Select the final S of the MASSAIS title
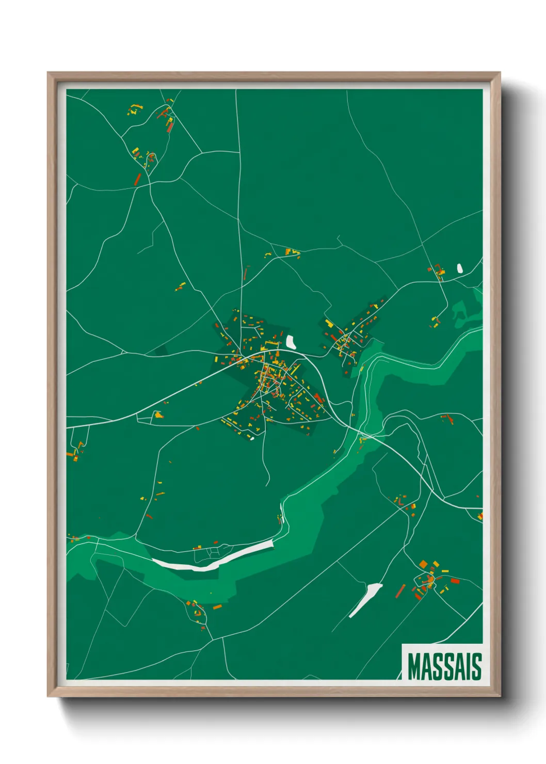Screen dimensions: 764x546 (x=476, y=666)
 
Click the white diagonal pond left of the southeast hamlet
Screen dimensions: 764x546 (x=365, y=599)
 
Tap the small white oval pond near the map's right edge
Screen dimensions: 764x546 (x=459, y=268)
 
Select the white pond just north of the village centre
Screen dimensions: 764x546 (x=291, y=342)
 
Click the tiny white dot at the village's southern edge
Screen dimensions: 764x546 (x=252, y=439)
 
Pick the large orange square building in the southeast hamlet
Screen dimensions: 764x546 (x=423, y=564)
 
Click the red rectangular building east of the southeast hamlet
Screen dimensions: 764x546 (x=455, y=581)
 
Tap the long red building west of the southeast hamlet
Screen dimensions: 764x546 (x=400, y=591)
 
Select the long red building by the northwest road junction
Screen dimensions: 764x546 (x=138, y=179)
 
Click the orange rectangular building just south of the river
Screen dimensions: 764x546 (x=217, y=607)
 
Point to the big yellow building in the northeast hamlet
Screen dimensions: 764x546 (x=329, y=324)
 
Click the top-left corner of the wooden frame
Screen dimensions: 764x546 (x=48, y=73)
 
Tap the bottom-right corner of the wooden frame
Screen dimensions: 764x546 (x=500, y=696)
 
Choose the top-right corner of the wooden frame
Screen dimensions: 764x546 (x=500, y=73)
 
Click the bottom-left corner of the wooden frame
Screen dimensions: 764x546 (x=48, y=696)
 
